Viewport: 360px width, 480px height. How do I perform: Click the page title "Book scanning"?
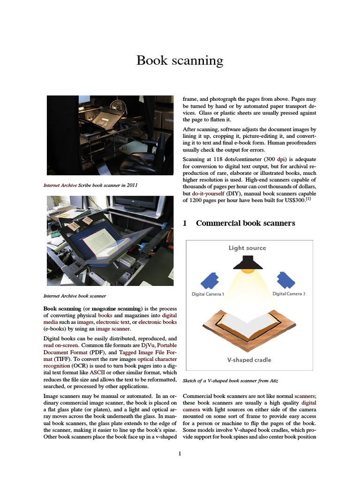(x=180, y=60)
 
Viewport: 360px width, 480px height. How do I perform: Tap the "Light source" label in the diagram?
(x=247, y=248)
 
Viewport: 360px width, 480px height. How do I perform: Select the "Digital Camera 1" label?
(x=208, y=294)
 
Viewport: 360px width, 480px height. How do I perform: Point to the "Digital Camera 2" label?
(x=289, y=294)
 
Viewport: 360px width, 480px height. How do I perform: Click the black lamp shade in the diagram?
(x=247, y=264)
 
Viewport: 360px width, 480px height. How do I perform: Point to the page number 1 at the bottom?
(x=180, y=454)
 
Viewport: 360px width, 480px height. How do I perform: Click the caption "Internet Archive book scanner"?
(x=75, y=296)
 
